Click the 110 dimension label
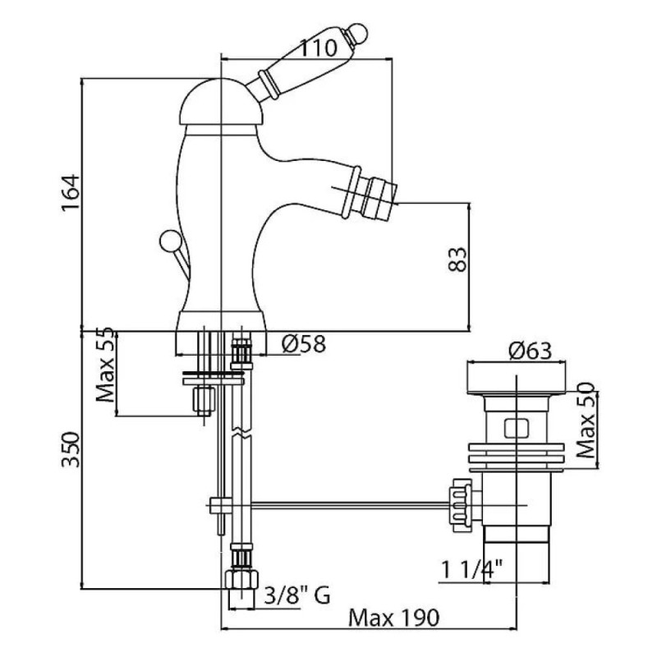(x=319, y=48)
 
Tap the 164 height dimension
(x=70, y=192)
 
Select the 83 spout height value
(x=457, y=260)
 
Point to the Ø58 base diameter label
(x=304, y=344)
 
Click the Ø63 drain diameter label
(x=530, y=351)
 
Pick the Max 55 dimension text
(x=105, y=365)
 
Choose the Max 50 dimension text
(x=585, y=420)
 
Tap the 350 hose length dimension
(x=71, y=449)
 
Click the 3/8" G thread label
(x=297, y=595)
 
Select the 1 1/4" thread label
(x=471, y=569)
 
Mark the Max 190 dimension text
(x=394, y=618)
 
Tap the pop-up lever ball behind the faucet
(x=170, y=241)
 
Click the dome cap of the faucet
(x=221, y=102)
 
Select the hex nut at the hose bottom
(x=241, y=580)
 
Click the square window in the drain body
(x=517, y=429)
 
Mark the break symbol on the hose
(x=241, y=433)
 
